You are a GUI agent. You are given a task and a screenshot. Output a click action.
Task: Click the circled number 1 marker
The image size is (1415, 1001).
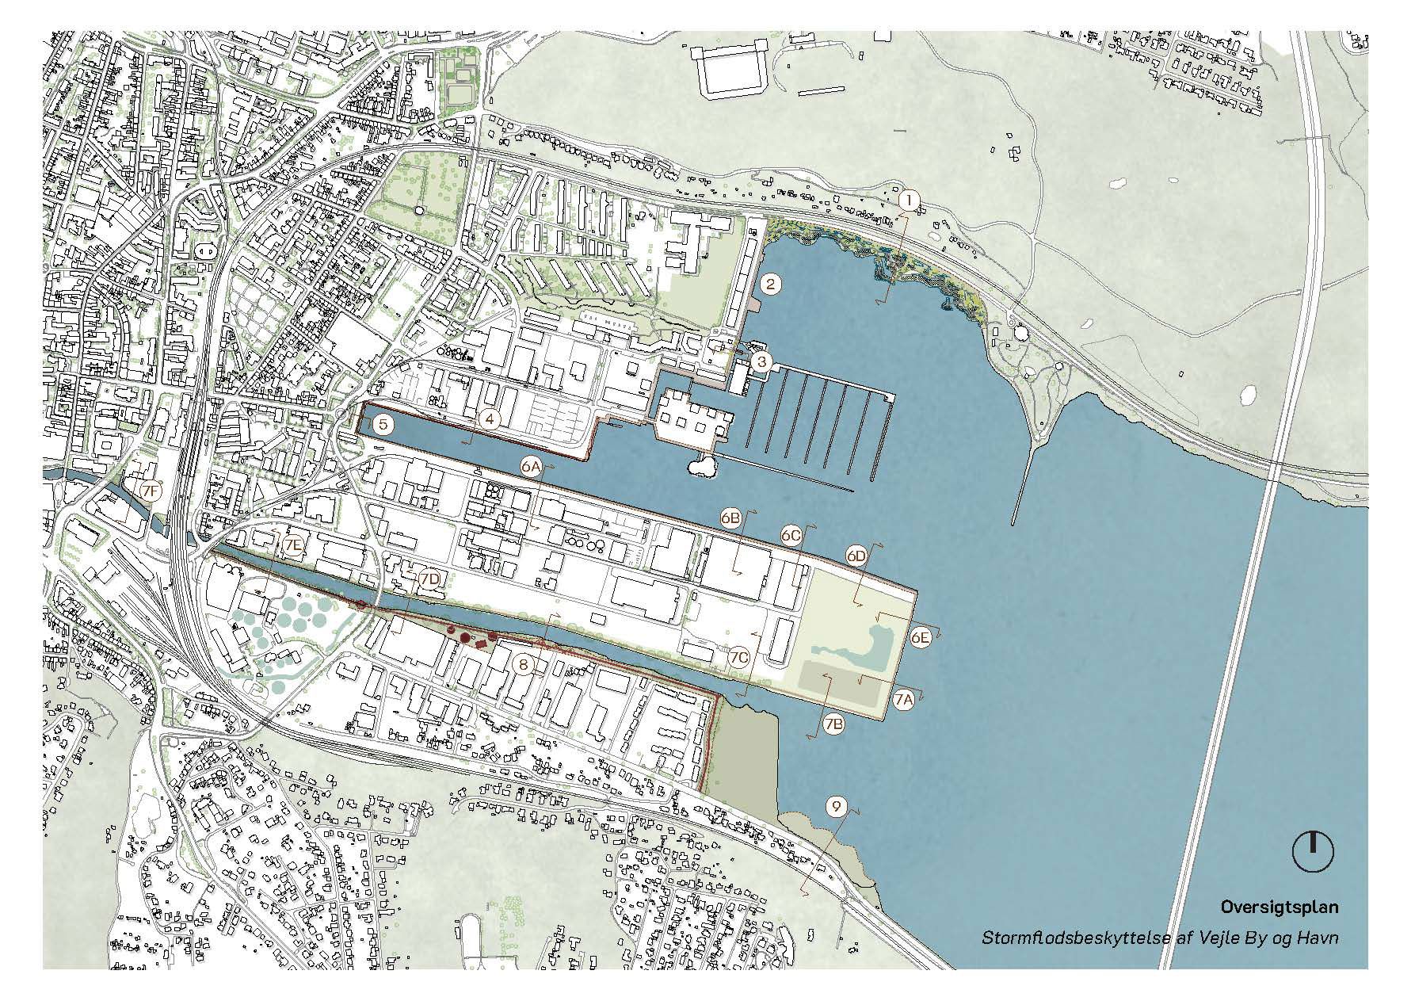[x=909, y=201]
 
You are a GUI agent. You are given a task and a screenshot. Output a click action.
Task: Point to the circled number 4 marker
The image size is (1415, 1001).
[x=490, y=420]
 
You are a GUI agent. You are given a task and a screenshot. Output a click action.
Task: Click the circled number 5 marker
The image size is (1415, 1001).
[x=383, y=425]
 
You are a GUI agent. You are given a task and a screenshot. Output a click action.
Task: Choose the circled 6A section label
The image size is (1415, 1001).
[x=530, y=467]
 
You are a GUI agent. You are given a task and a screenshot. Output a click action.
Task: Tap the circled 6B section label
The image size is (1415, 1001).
[x=730, y=518]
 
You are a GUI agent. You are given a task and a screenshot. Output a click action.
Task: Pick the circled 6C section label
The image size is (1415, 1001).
[x=791, y=536]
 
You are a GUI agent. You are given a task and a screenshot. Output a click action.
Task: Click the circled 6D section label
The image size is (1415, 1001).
[x=856, y=556]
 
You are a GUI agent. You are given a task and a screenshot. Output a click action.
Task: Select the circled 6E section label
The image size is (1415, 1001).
[x=920, y=636]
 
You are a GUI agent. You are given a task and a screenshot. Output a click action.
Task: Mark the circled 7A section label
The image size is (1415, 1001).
[x=904, y=699]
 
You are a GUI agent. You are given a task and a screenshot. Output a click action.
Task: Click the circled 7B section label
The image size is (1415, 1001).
[x=833, y=724]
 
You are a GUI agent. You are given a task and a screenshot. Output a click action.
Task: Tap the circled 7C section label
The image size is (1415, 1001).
[x=739, y=658]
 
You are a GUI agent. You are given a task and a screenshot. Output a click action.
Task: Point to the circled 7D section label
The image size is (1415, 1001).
[x=429, y=579]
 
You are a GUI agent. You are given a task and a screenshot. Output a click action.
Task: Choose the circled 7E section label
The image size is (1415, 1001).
[x=293, y=545]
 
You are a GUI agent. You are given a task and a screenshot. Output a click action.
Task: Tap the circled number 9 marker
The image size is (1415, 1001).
[x=836, y=807]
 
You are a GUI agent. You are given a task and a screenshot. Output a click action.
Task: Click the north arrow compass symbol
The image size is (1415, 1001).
[x=1313, y=852]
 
